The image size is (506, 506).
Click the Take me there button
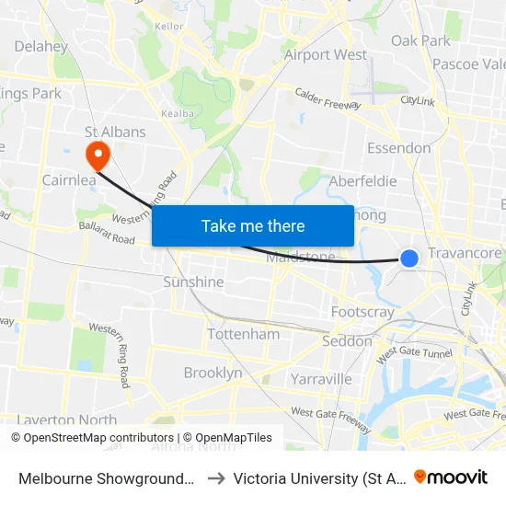tap(253, 225)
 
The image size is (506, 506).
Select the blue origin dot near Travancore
tap(409, 259)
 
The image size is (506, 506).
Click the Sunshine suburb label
tap(193, 282)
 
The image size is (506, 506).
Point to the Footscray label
tap(362, 312)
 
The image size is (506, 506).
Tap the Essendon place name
tap(398, 148)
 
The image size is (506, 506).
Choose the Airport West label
tap(326, 55)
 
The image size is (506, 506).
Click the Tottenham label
tap(244, 334)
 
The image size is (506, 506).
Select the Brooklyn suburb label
tap(213, 373)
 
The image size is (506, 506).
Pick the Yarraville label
tap(321, 378)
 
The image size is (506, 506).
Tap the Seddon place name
tap(347, 341)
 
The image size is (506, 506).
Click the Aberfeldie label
tap(362, 181)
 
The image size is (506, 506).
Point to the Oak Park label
tap(421, 40)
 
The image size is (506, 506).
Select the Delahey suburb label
tap(41, 46)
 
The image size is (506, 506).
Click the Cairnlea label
tap(69, 180)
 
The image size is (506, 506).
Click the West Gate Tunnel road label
tap(412, 351)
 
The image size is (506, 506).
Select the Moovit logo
tap(451, 477)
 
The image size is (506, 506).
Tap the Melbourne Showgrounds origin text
tap(106, 478)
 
